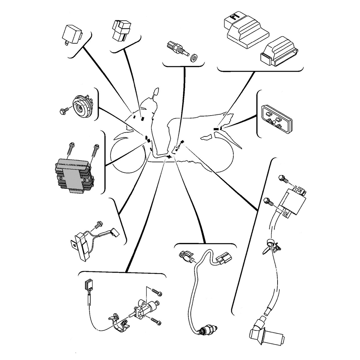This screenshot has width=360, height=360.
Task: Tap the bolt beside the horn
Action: (63, 111)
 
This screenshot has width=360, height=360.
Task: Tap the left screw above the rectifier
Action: (71, 150)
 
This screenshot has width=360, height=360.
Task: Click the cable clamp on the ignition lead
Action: (271, 246)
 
